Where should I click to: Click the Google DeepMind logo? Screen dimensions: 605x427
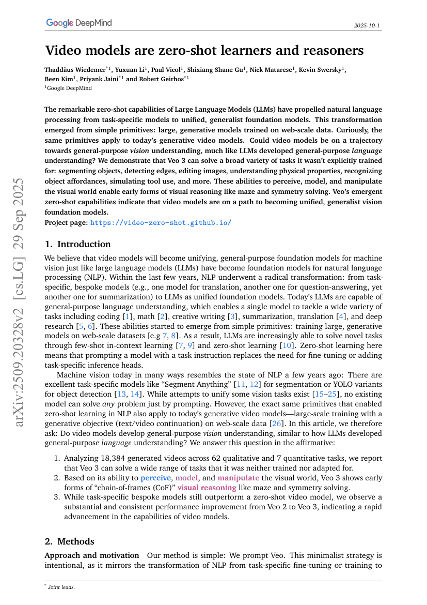[x=78, y=23]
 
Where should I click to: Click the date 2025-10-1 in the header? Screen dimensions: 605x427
[x=367, y=25]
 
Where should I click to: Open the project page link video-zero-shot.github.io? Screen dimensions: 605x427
[x=161, y=222]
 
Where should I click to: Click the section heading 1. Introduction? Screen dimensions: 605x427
[x=77, y=244]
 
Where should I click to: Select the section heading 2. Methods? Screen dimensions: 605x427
[x=69, y=541]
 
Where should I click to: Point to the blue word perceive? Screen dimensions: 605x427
[x=155, y=478]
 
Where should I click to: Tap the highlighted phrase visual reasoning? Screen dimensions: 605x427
[x=207, y=487]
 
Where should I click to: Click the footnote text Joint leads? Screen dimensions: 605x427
[x=61, y=587]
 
